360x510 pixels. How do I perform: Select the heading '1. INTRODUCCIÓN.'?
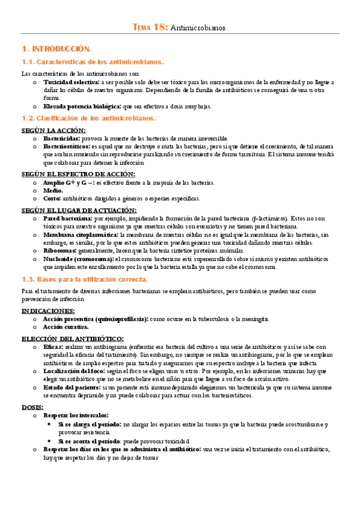pyautogui.click(x=56, y=48)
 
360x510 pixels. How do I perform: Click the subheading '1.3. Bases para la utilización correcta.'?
pyautogui.click(x=84, y=279)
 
